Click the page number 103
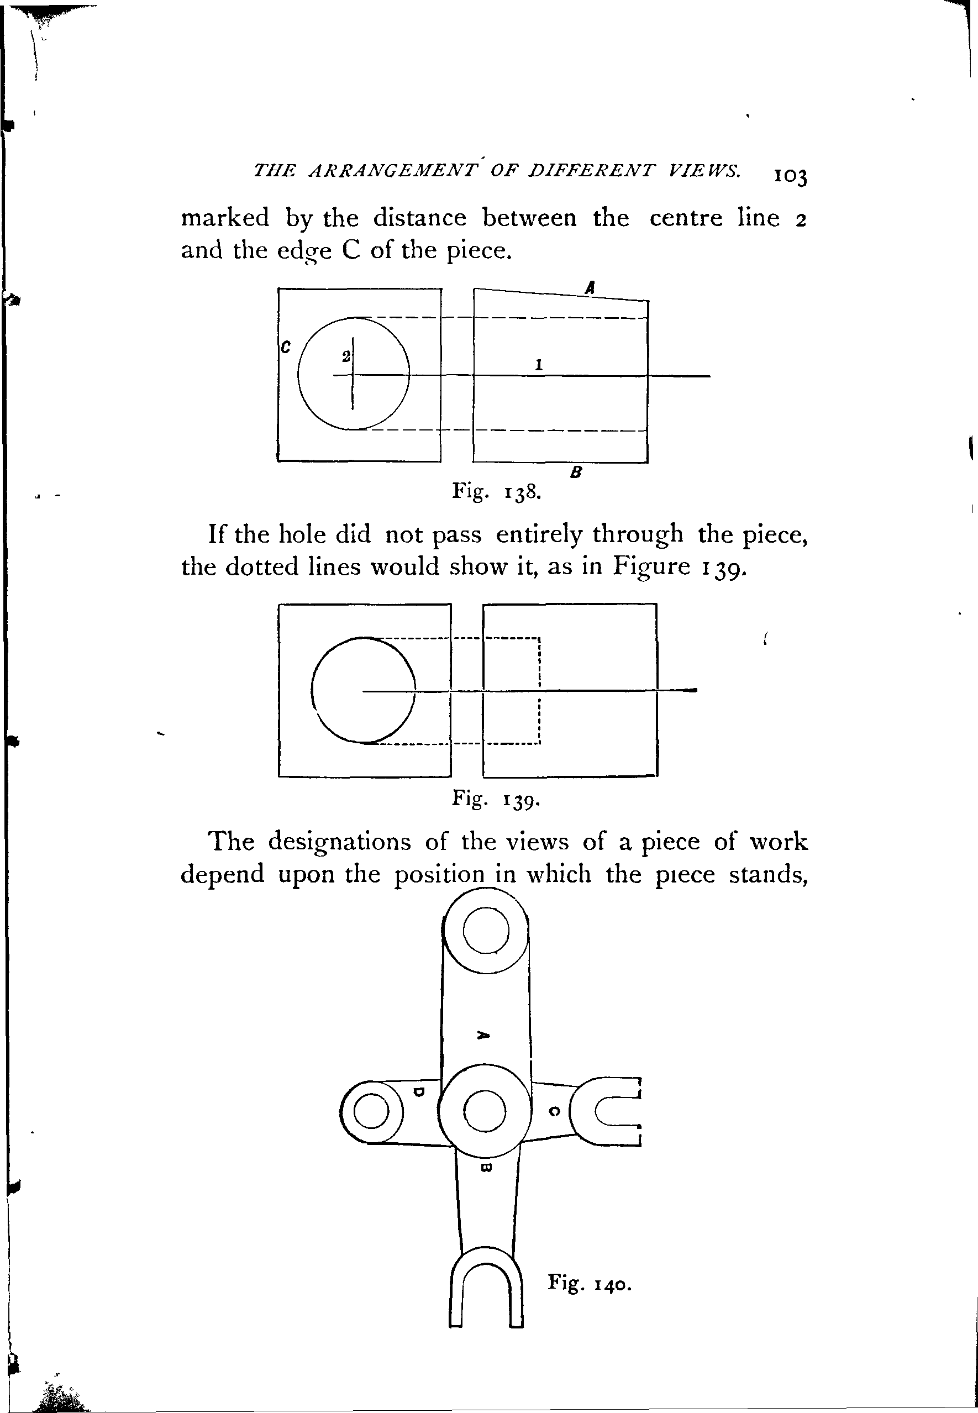point(791,177)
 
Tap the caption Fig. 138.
point(496,491)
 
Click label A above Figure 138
point(590,287)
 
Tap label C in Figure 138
point(285,347)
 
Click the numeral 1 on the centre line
point(538,365)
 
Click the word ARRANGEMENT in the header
point(393,171)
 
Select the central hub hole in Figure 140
point(485,1111)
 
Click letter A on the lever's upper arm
point(483,1035)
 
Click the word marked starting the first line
point(225,218)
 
